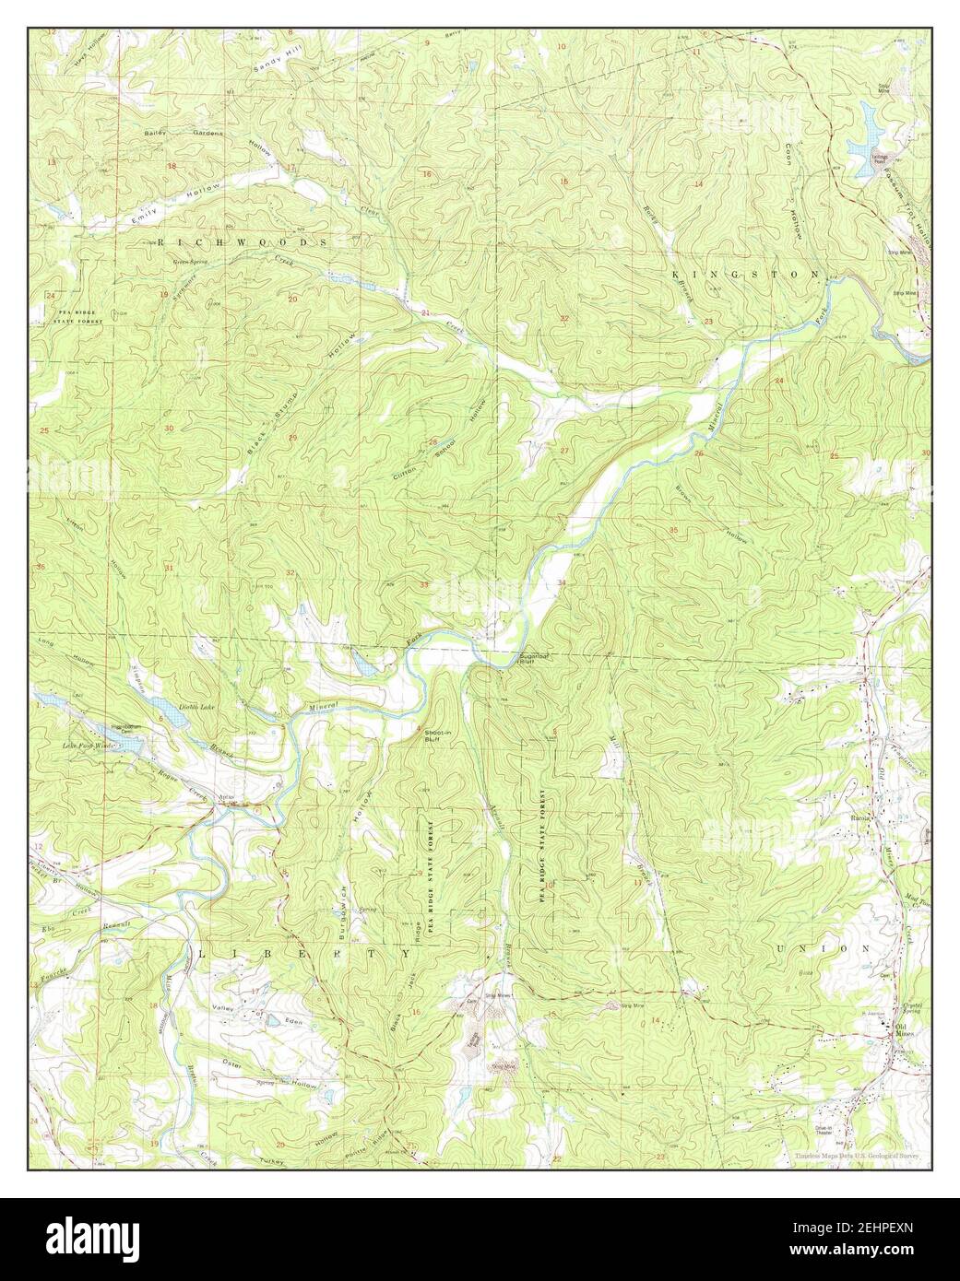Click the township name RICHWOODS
(x=243, y=241)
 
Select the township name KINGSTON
(x=745, y=275)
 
